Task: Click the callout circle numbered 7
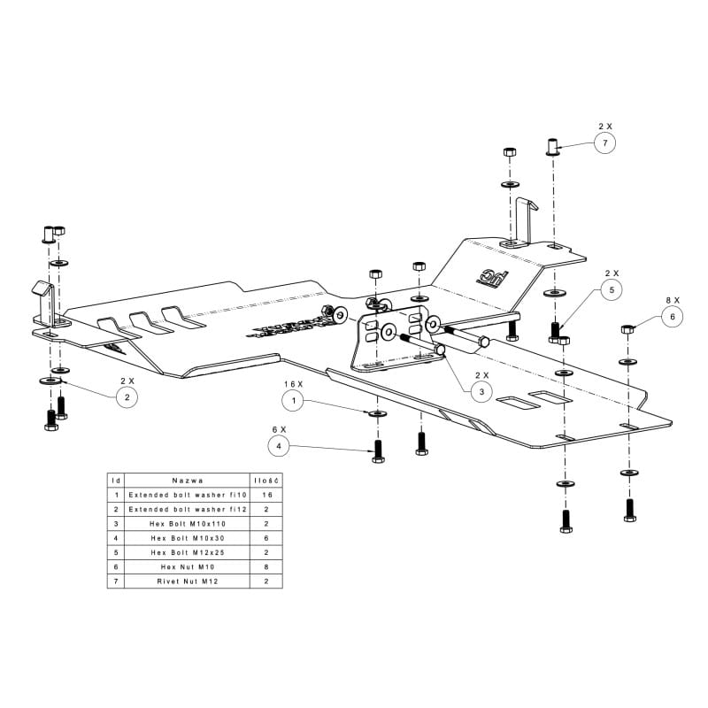click(604, 142)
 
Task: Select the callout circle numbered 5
click(612, 289)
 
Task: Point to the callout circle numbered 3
click(481, 390)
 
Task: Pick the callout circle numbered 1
click(295, 400)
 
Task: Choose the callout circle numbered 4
click(281, 447)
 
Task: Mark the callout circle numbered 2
click(127, 397)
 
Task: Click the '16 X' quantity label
click(294, 383)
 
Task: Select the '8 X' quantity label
click(672, 299)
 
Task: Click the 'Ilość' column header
click(266, 479)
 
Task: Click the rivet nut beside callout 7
click(551, 146)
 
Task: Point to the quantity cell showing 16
click(266, 495)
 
